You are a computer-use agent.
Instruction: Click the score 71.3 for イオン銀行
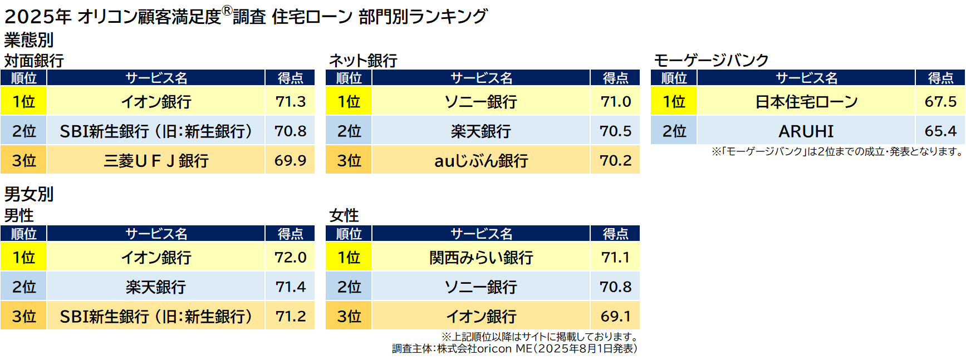290,101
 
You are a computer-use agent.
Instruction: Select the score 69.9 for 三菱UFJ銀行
290,160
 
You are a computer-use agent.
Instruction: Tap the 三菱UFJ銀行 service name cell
156,160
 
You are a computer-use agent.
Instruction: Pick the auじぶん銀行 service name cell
481,160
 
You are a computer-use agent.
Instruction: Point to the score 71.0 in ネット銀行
615,101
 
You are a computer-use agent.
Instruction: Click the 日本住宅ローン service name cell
806,101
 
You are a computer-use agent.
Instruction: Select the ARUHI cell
806,131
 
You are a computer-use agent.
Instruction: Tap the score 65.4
940,131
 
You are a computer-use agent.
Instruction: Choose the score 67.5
940,101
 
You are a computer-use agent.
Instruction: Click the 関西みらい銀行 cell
481,257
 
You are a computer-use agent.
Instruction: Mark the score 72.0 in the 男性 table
290,257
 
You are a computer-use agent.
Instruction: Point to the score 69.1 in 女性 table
615,316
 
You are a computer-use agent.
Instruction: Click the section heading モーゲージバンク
711,60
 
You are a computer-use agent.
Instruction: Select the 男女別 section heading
29,194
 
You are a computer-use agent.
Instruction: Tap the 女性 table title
344,215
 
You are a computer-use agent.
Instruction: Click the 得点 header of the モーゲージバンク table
940,78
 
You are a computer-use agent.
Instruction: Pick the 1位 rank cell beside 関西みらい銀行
349,257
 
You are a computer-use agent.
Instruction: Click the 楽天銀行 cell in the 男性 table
156,287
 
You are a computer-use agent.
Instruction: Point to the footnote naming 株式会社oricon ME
514,349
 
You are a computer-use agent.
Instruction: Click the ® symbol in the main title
227,11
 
